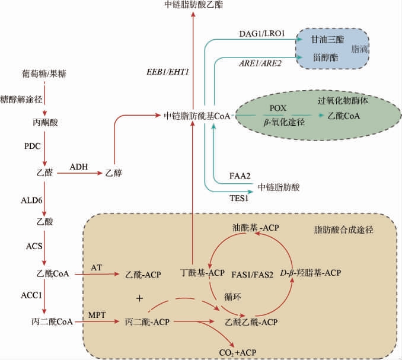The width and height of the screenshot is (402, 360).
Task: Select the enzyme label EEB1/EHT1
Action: pos(167,72)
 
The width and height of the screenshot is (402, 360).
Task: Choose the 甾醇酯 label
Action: pos(326,58)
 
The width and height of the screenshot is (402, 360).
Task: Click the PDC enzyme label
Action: pos(33,145)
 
